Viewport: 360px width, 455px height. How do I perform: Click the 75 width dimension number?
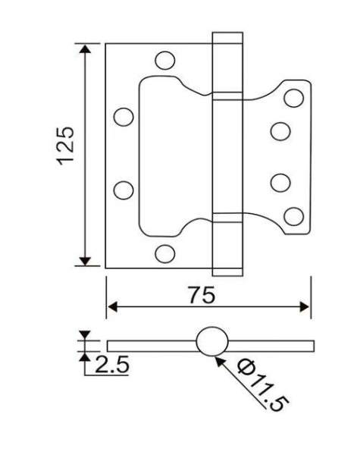(x=199, y=295)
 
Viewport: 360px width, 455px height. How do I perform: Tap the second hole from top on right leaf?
(x=280, y=130)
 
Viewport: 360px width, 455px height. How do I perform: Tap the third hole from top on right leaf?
(x=280, y=182)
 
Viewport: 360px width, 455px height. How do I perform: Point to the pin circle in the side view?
(x=211, y=342)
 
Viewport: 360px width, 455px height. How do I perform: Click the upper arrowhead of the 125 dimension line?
(x=86, y=50)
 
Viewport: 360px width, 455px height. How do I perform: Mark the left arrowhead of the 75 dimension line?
(x=111, y=307)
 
